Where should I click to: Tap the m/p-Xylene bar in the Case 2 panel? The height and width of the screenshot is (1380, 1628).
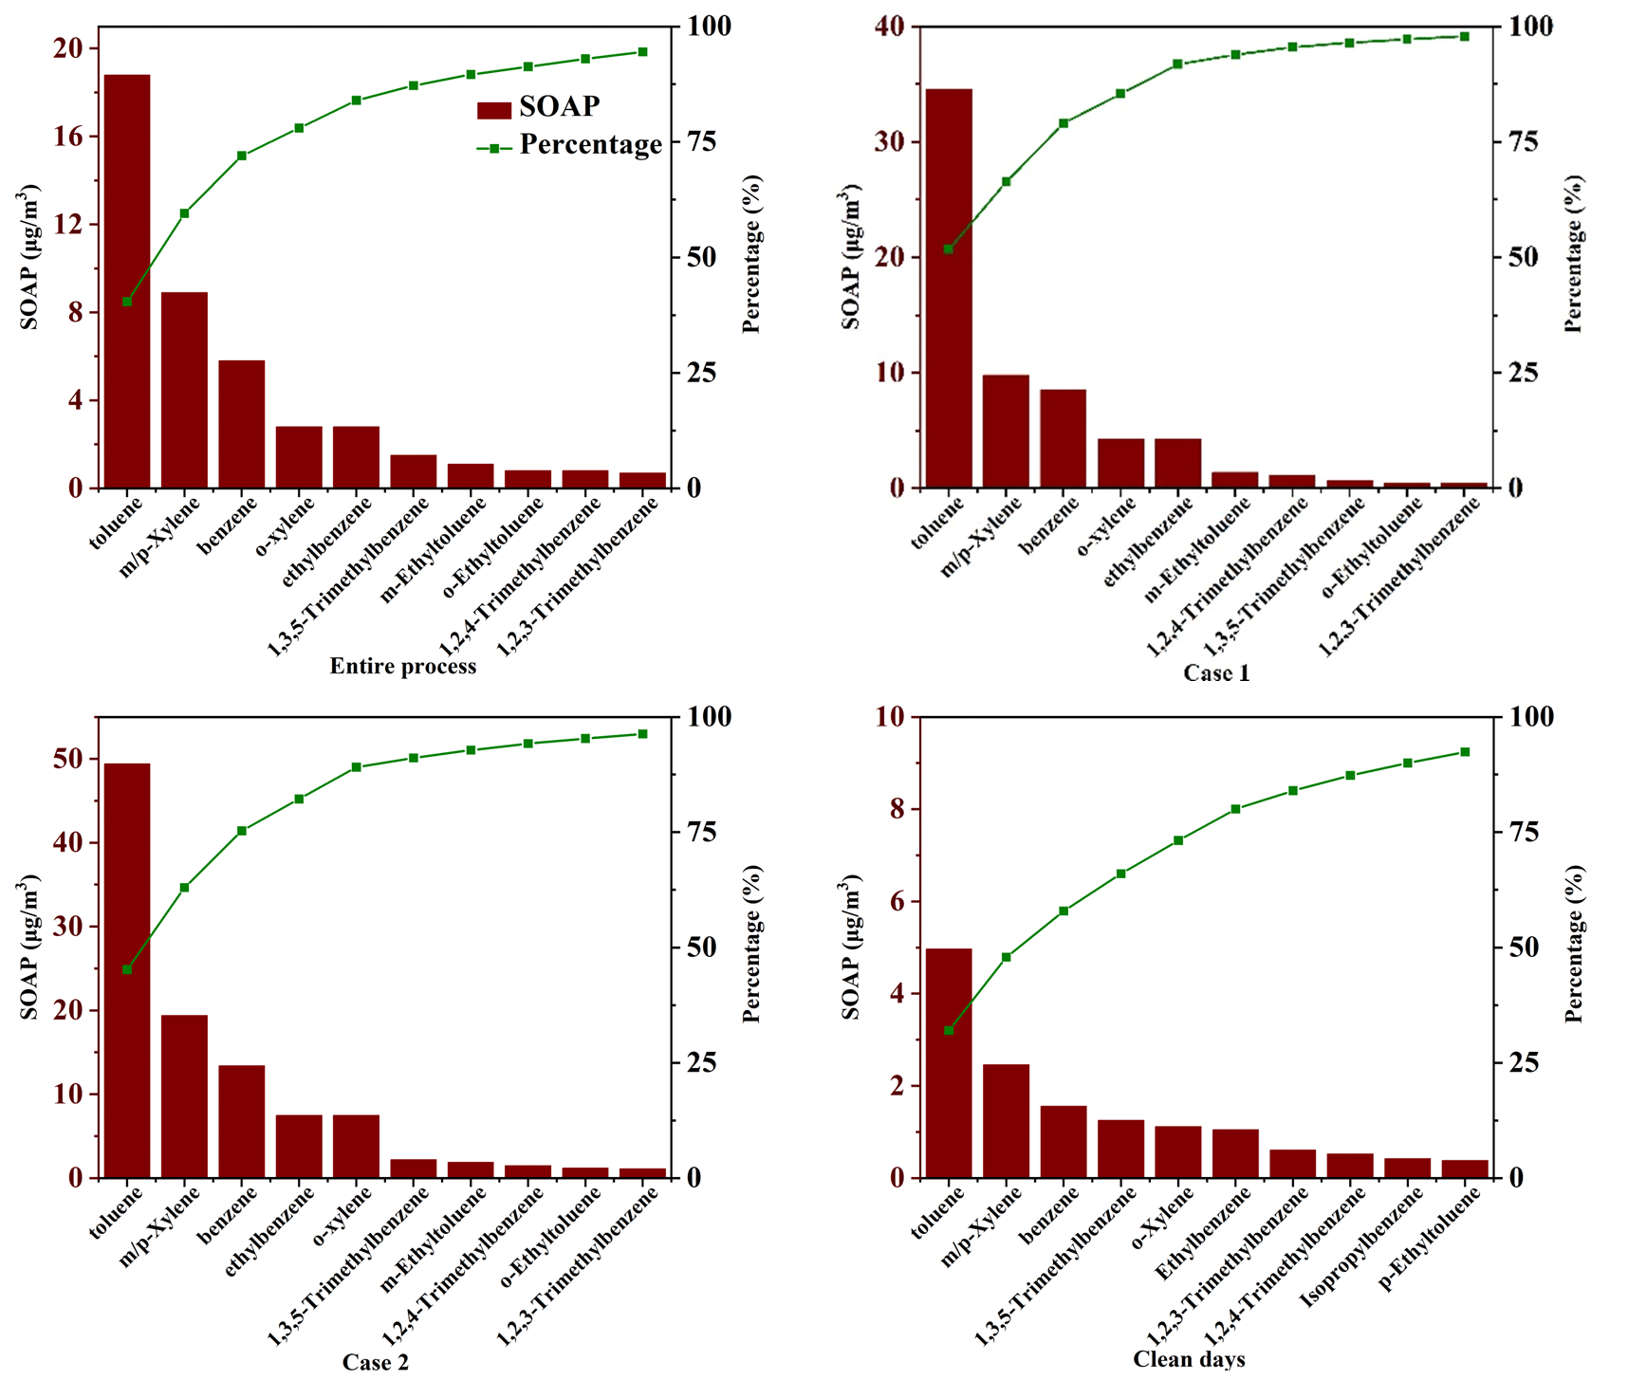tap(184, 1095)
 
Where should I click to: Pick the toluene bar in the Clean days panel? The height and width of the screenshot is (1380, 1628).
tap(949, 1062)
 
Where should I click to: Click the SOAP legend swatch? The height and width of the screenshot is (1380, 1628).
tap(494, 109)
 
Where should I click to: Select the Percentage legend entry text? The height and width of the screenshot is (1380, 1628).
tap(590, 145)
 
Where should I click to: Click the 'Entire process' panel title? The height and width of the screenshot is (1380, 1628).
tap(403, 666)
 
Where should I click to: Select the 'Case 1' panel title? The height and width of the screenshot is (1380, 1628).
tap(1216, 673)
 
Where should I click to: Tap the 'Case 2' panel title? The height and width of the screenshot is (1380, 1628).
tap(376, 1362)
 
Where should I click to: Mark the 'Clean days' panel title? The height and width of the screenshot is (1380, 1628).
tap(1189, 1359)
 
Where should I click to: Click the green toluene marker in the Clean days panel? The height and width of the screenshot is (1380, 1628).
tap(949, 1030)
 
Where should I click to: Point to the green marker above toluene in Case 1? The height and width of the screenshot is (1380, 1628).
tap(949, 249)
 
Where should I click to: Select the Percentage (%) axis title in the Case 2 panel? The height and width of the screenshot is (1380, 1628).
tap(752, 944)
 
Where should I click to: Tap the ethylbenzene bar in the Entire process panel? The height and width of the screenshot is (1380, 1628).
tap(356, 457)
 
